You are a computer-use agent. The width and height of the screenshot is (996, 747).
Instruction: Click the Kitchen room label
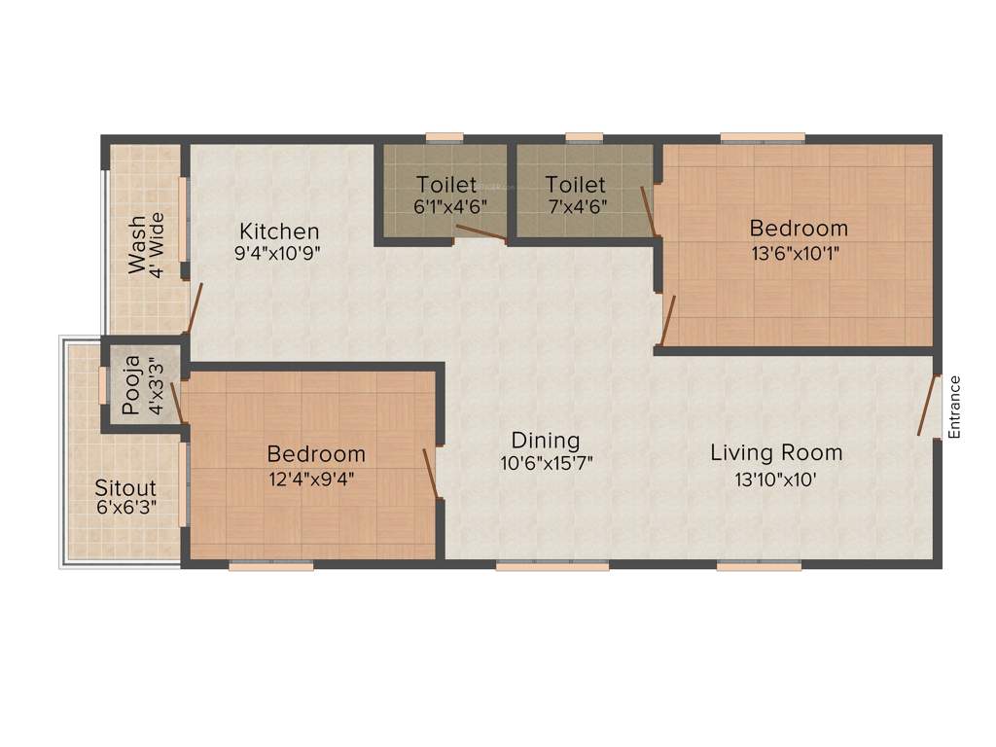tap(279, 231)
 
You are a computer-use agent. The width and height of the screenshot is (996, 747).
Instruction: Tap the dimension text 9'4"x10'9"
tap(279, 253)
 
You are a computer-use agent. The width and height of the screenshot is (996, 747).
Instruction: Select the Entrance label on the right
tap(954, 407)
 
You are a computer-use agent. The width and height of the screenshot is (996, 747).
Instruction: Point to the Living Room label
tap(775, 452)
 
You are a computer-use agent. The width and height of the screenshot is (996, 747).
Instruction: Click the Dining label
tap(546, 441)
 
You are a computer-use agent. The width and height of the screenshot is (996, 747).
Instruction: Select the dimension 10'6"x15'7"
tap(547, 464)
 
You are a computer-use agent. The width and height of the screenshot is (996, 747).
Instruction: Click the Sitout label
tap(124, 486)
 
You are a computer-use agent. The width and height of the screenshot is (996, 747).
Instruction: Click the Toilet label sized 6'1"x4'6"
tap(446, 184)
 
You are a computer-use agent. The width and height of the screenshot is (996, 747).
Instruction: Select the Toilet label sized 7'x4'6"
tap(575, 184)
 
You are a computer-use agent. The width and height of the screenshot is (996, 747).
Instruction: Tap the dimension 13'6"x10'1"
tap(799, 252)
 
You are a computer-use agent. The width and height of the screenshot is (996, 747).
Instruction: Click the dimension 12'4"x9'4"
tap(316, 478)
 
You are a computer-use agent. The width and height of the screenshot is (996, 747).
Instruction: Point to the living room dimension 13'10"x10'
tap(775, 478)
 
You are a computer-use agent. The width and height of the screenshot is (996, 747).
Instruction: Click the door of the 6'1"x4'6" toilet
tap(480, 231)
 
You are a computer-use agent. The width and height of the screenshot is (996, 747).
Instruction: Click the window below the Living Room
tap(759, 565)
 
